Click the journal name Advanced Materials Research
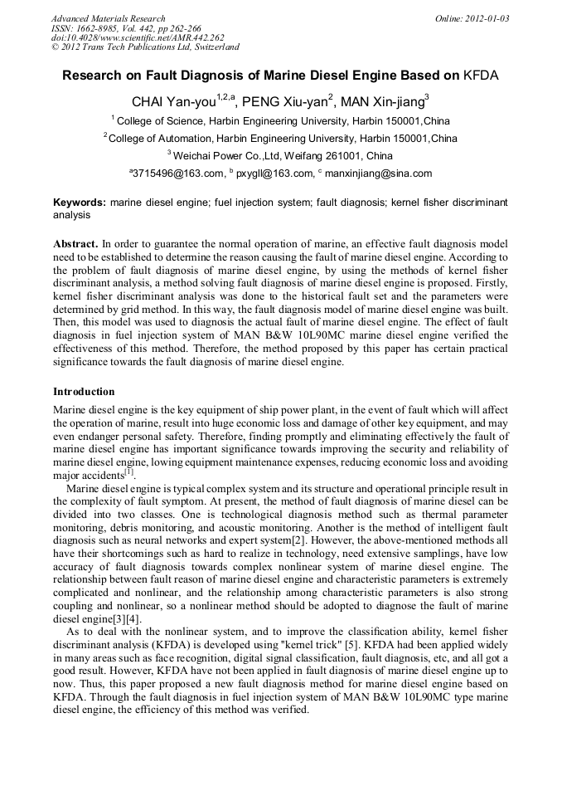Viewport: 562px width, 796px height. (x=109, y=18)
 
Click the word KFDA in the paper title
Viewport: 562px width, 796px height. (x=481, y=76)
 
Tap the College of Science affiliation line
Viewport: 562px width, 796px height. (x=281, y=121)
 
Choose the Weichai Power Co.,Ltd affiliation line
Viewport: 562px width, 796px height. (x=281, y=156)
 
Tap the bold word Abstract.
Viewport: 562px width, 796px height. (x=75, y=245)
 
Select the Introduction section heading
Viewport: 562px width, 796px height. (x=84, y=391)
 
